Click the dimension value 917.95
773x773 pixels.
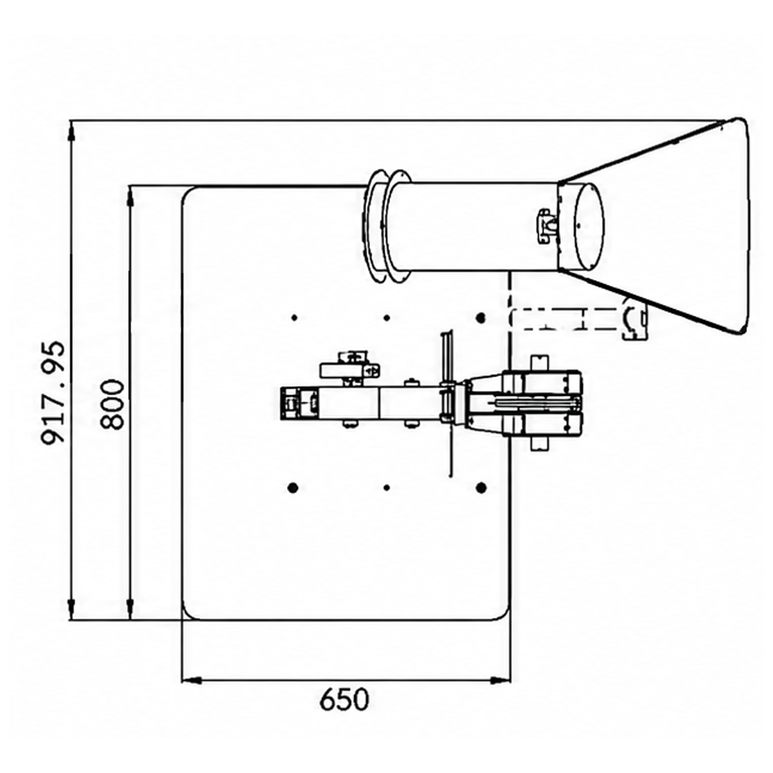click(53, 393)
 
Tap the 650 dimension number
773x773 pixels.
click(344, 699)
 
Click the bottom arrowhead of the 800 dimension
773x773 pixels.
click(130, 611)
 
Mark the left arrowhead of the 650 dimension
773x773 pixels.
click(192, 681)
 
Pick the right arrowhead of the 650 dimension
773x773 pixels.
click(501, 681)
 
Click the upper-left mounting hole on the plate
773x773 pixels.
click(294, 318)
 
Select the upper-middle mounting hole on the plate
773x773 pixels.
click(387, 318)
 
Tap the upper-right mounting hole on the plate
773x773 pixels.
click(481, 318)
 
